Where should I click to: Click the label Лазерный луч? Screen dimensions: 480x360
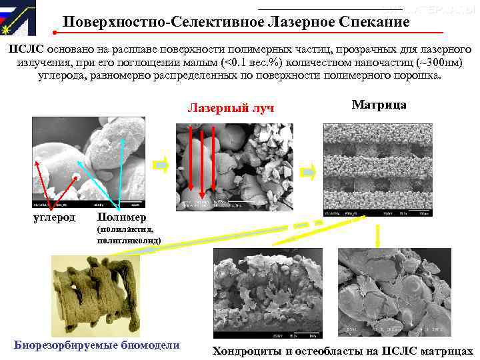(x=231, y=108)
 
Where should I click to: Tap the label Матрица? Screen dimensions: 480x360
(x=379, y=105)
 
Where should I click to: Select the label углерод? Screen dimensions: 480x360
(x=54, y=217)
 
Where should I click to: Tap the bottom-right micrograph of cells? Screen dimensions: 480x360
(x=394, y=293)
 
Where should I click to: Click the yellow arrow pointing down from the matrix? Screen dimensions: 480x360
(x=377, y=235)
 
